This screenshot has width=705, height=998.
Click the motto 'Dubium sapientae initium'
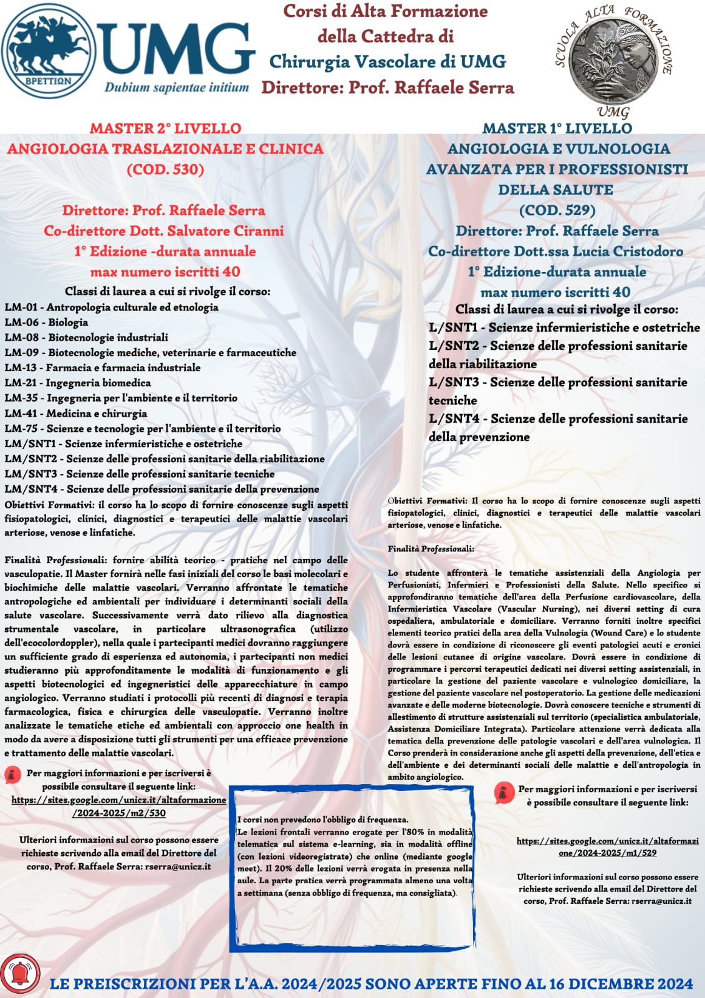(176, 87)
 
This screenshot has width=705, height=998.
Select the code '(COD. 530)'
(165, 169)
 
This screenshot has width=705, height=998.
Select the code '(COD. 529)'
(557, 210)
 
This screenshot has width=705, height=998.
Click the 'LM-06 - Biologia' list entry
(46, 322)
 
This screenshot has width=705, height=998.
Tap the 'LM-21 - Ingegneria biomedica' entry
(77, 383)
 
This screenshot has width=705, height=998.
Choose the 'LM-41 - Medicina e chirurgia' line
(75, 414)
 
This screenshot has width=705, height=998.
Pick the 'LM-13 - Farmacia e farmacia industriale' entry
(102, 368)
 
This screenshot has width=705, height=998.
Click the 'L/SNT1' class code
(453, 327)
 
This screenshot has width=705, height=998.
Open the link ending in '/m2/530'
(118, 807)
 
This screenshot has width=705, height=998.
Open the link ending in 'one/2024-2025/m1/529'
(607, 846)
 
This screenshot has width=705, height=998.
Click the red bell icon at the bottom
(20, 972)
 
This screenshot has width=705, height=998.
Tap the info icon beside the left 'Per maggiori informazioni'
(12, 775)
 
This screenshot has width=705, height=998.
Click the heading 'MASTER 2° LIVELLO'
(165, 128)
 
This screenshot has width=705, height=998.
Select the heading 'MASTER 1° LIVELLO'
(557, 128)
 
